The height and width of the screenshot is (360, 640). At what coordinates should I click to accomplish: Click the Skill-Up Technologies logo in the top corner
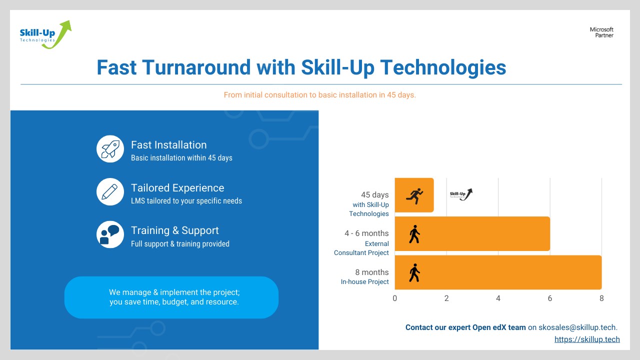click(45, 34)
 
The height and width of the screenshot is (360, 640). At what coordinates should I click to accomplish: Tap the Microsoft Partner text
click(601, 32)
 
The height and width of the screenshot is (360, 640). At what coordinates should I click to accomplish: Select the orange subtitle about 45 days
click(319, 95)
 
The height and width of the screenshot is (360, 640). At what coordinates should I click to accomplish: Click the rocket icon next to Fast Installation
click(110, 149)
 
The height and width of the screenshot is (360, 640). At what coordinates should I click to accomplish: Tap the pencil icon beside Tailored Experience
click(110, 191)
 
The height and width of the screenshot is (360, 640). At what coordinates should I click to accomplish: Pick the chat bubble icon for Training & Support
click(110, 234)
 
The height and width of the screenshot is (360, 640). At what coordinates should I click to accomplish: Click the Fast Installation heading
click(169, 145)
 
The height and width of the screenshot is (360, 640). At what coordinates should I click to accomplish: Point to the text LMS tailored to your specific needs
click(186, 201)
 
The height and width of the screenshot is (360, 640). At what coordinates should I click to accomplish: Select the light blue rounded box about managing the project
click(171, 297)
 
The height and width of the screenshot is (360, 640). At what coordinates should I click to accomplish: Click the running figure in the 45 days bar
click(414, 196)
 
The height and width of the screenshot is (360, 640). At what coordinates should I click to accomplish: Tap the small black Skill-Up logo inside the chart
click(461, 194)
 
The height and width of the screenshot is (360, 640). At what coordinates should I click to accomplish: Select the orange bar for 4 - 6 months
click(472, 233)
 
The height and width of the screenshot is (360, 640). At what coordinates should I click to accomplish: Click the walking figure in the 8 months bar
click(414, 273)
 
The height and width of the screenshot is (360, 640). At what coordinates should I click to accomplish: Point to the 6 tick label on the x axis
click(549, 298)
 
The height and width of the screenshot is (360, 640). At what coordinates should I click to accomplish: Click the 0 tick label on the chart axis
click(395, 298)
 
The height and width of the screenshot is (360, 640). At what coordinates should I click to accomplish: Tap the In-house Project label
click(364, 281)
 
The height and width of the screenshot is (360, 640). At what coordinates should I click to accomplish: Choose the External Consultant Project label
click(361, 248)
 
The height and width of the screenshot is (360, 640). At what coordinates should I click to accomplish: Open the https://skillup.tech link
click(587, 339)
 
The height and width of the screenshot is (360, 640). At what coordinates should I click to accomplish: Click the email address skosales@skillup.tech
click(577, 327)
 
